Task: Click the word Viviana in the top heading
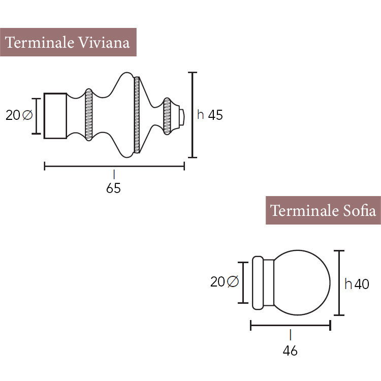[104, 43]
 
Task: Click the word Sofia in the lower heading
[359, 210]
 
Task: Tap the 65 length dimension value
[113, 188]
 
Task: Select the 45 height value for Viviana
[215, 115]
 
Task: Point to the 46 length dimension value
[290, 351]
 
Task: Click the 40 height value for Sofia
[362, 284]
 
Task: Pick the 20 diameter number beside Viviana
[13, 115]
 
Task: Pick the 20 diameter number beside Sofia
[217, 282]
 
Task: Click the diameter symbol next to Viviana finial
[27, 115]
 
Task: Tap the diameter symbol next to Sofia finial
[233, 281]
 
